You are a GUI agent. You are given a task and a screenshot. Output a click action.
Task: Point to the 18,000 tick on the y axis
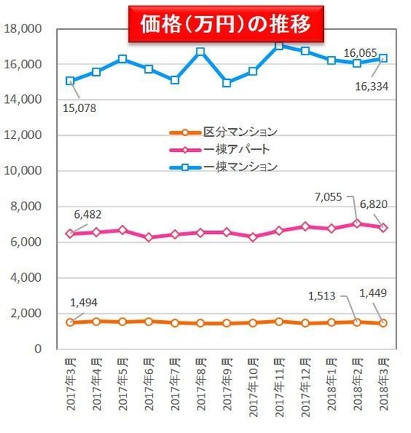[x=23, y=29]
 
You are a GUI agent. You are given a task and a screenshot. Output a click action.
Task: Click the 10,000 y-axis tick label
[x=23, y=171]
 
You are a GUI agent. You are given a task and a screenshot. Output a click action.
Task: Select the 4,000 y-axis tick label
[x=25, y=278]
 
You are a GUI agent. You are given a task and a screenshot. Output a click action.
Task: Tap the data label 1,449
[x=373, y=292]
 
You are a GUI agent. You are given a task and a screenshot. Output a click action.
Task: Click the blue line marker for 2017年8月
[x=201, y=51]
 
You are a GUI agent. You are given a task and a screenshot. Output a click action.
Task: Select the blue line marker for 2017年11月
[x=279, y=45]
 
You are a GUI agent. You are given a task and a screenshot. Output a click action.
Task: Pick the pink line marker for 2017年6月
[x=148, y=237]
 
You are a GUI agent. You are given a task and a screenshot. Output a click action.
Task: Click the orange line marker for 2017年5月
[x=122, y=322]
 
